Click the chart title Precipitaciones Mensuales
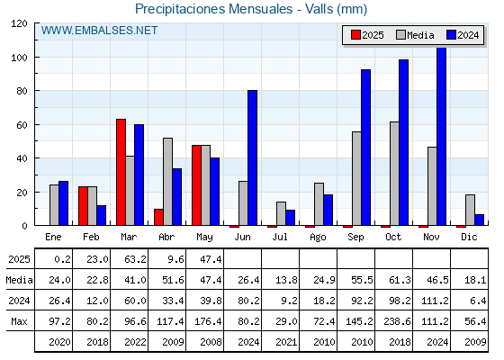click(x=214, y=9)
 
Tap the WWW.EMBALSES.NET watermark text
click(x=99, y=31)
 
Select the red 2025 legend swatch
click(x=355, y=35)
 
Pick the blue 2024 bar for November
click(x=441, y=136)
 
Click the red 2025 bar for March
click(x=121, y=172)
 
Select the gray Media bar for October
click(x=394, y=174)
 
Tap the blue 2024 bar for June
click(x=252, y=157)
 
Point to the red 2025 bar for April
click(x=158, y=217)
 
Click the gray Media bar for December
click(x=470, y=210)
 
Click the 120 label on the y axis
click(x=19, y=23)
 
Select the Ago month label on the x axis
click(x=318, y=238)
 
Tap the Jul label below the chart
click(x=280, y=237)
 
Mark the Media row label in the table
click(x=19, y=280)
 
